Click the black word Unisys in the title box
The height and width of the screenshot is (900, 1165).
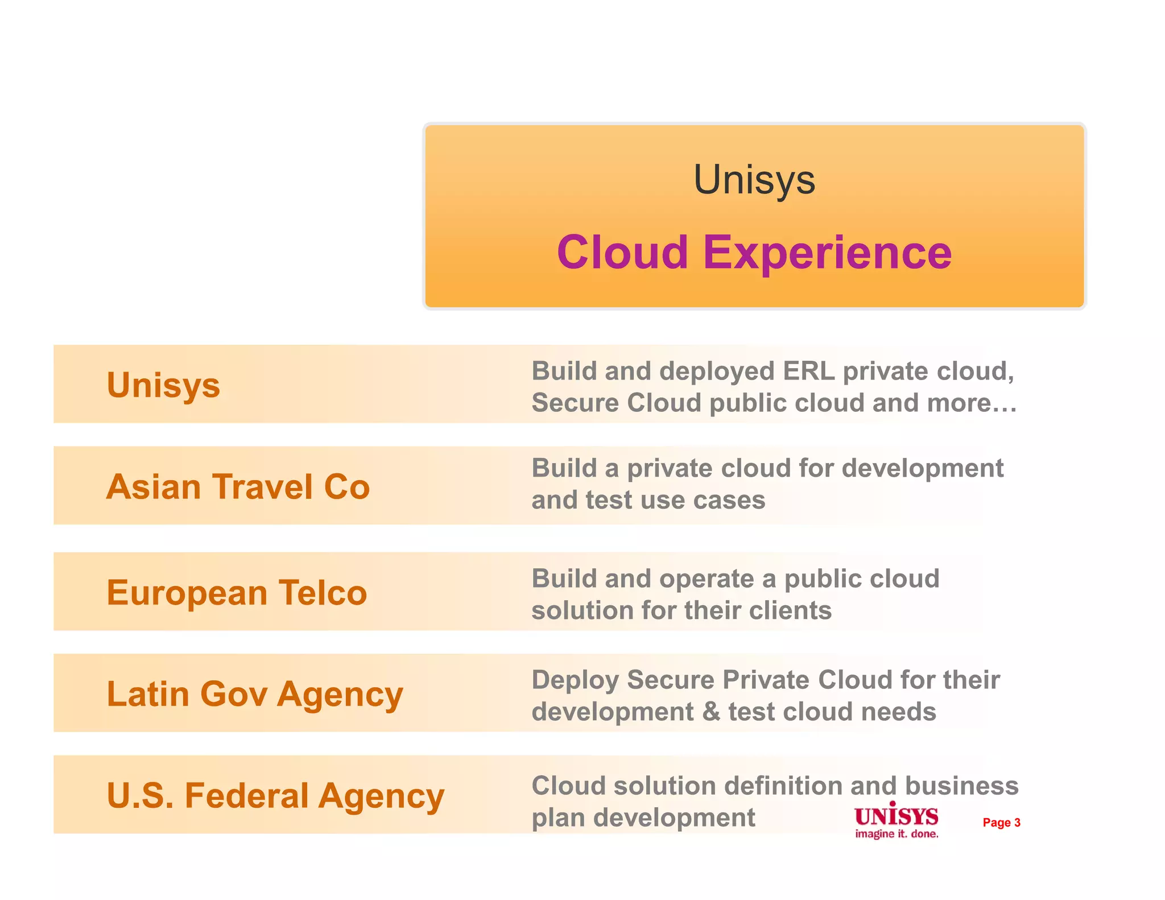pyautogui.click(x=754, y=180)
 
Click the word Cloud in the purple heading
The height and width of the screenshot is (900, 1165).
pyautogui.click(x=622, y=252)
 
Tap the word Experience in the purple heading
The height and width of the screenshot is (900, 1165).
pyautogui.click(x=827, y=252)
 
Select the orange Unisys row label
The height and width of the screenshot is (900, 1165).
pyautogui.click(x=163, y=385)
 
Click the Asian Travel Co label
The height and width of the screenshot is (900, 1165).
pyautogui.click(x=238, y=487)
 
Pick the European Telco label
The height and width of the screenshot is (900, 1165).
pyautogui.click(x=237, y=593)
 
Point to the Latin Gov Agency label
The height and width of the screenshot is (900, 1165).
pyautogui.click(x=255, y=695)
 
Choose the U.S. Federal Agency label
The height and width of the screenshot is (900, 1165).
pyautogui.click(x=275, y=796)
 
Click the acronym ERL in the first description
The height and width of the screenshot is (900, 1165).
pyautogui.click(x=808, y=371)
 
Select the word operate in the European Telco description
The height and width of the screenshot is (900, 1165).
pyautogui.click(x=707, y=579)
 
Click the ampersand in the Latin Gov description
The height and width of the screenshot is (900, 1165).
pyautogui.click(x=711, y=712)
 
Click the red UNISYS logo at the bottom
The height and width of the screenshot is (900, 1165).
pyautogui.click(x=896, y=816)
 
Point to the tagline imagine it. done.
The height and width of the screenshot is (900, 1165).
pyautogui.click(x=897, y=834)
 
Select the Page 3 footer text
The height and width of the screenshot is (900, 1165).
pyautogui.click(x=1001, y=823)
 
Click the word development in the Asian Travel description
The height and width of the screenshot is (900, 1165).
pyautogui.click(x=922, y=469)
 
